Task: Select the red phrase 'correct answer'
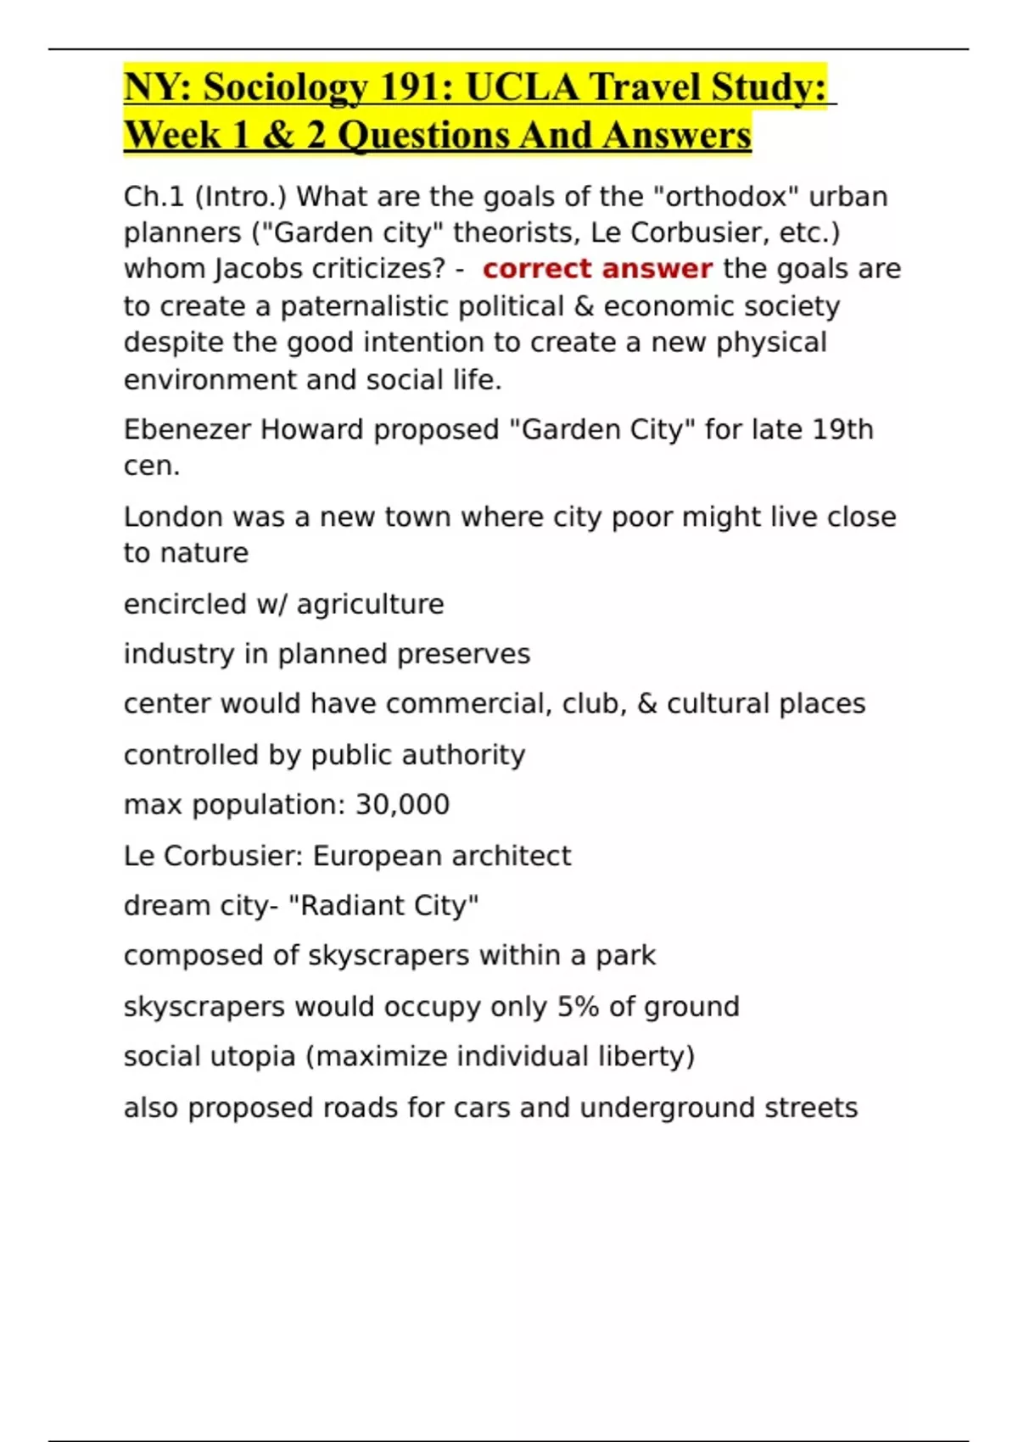(x=597, y=269)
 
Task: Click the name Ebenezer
(x=187, y=430)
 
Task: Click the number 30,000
(x=402, y=804)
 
